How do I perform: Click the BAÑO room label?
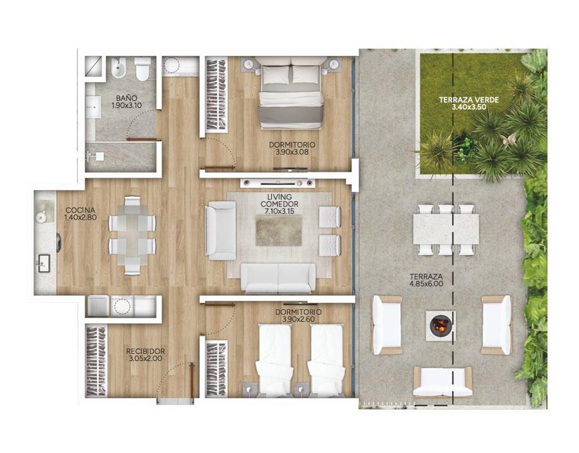126,98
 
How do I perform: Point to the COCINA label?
81,211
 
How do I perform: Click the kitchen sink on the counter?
44,262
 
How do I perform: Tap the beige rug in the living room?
279,230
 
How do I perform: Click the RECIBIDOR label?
146,351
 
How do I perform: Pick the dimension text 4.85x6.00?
426,284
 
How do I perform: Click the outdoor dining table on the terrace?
446,229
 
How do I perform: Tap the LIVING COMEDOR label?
279,201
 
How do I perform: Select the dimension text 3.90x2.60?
298,319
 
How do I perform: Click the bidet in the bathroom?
119,68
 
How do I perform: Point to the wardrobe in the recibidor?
96,360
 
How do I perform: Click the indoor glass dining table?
132,236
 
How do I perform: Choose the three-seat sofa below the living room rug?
278,277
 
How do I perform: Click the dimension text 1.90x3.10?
126,105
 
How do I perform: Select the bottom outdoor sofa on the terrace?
443,382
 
